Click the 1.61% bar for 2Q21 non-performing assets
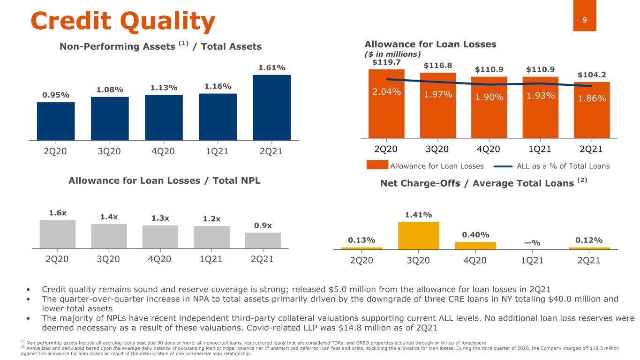click(271, 107)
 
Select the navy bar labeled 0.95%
click(56, 121)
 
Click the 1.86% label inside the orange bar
click(592, 99)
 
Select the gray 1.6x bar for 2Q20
click(58, 233)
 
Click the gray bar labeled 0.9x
click(263, 240)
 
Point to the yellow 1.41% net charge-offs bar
click(418, 235)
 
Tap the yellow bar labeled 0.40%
click(475, 245)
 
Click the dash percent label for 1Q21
click(532, 242)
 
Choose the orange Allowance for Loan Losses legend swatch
click(377, 165)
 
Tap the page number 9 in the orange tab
click(584, 20)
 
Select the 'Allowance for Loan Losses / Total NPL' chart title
click(164, 180)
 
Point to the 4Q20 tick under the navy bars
click(164, 152)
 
